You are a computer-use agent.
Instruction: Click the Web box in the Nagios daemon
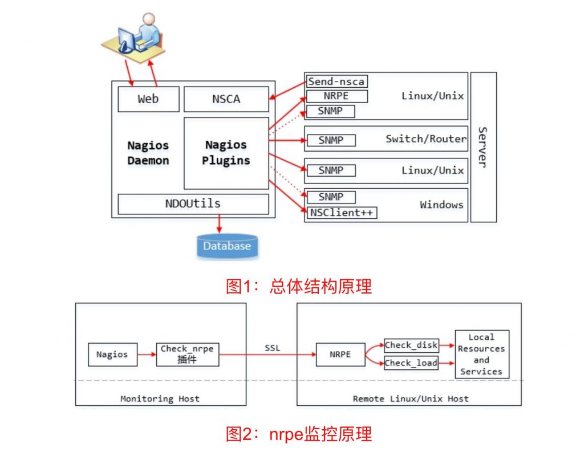(x=148, y=99)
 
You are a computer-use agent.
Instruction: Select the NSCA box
(x=226, y=99)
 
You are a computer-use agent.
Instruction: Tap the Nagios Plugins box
(x=226, y=153)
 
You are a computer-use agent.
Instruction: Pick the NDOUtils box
(x=193, y=203)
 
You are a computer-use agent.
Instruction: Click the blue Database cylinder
(x=227, y=246)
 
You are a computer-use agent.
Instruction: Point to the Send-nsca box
(x=336, y=82)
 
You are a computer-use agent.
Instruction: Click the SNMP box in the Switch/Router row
(x=331, y=140)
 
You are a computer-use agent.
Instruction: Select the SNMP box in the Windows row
(x=331, y=197)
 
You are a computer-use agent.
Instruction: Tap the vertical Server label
(x=482, y=146)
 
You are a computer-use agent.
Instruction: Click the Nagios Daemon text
(x=148, y=153)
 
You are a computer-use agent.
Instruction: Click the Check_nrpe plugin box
(x=187, y=354)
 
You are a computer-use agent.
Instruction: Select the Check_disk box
(x=411, y=345)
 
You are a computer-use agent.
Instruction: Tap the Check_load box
(x=411, y=363)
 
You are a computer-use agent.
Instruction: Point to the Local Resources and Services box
(x=481, y=354)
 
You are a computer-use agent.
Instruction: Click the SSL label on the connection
(x=273, y=348)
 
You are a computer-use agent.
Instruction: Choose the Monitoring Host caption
(x=160, y=398)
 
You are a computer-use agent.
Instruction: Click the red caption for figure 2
(x=299, y=434)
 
